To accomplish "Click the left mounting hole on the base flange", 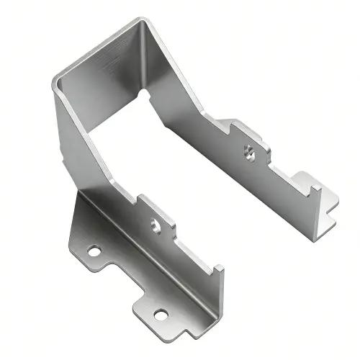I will click(94, 251).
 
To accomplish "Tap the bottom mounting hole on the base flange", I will click(161, 314).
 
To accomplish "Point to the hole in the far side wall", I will click(249, 152).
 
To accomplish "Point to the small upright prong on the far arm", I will click(315, 192).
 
